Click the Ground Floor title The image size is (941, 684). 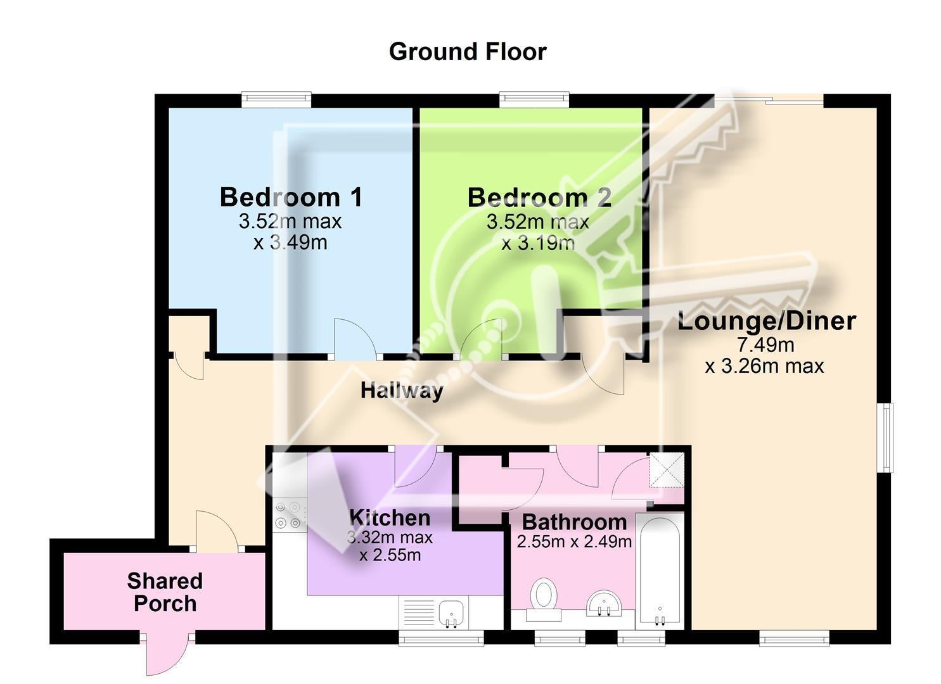pos(468,52)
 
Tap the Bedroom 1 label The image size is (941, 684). pos(291,197)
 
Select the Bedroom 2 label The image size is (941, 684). pos(539,198)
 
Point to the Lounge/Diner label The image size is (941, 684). pos(767,321)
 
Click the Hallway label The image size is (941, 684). pos(402,391)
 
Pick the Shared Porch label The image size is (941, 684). pos(165,592)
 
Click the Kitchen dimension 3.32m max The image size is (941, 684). pos(390,538)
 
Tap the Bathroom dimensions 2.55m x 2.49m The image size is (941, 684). pos(574,541)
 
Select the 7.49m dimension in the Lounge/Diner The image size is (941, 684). pos(766,345)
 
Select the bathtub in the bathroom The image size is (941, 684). pos(660,571)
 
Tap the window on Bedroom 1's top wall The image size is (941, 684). pos(276,99)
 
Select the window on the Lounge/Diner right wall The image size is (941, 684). pos(888,438)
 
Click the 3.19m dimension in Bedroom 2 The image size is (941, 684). pos(538,243)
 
